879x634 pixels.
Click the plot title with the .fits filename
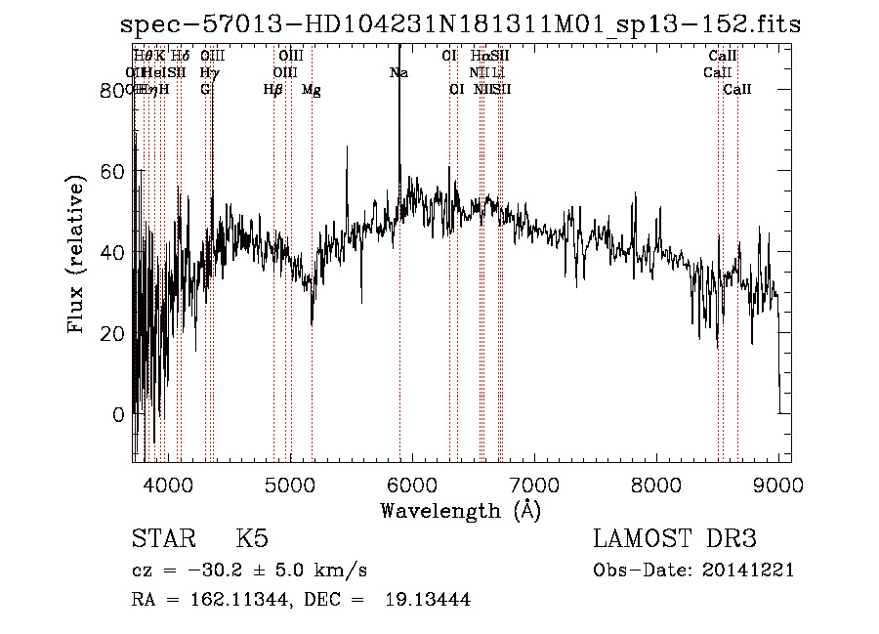460,24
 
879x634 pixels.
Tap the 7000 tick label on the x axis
534,484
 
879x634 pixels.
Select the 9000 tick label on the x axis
778,484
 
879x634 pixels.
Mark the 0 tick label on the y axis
118,414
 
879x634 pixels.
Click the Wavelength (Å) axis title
460,510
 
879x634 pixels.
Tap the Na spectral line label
398,73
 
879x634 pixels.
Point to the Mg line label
311,90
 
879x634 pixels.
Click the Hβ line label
273,90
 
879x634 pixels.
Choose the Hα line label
479,57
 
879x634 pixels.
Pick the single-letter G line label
205,90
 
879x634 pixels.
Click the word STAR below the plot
158,539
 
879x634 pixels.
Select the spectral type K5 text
252,539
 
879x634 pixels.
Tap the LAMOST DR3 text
674,539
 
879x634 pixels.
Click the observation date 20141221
750,571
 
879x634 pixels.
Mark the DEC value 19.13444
428,600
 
